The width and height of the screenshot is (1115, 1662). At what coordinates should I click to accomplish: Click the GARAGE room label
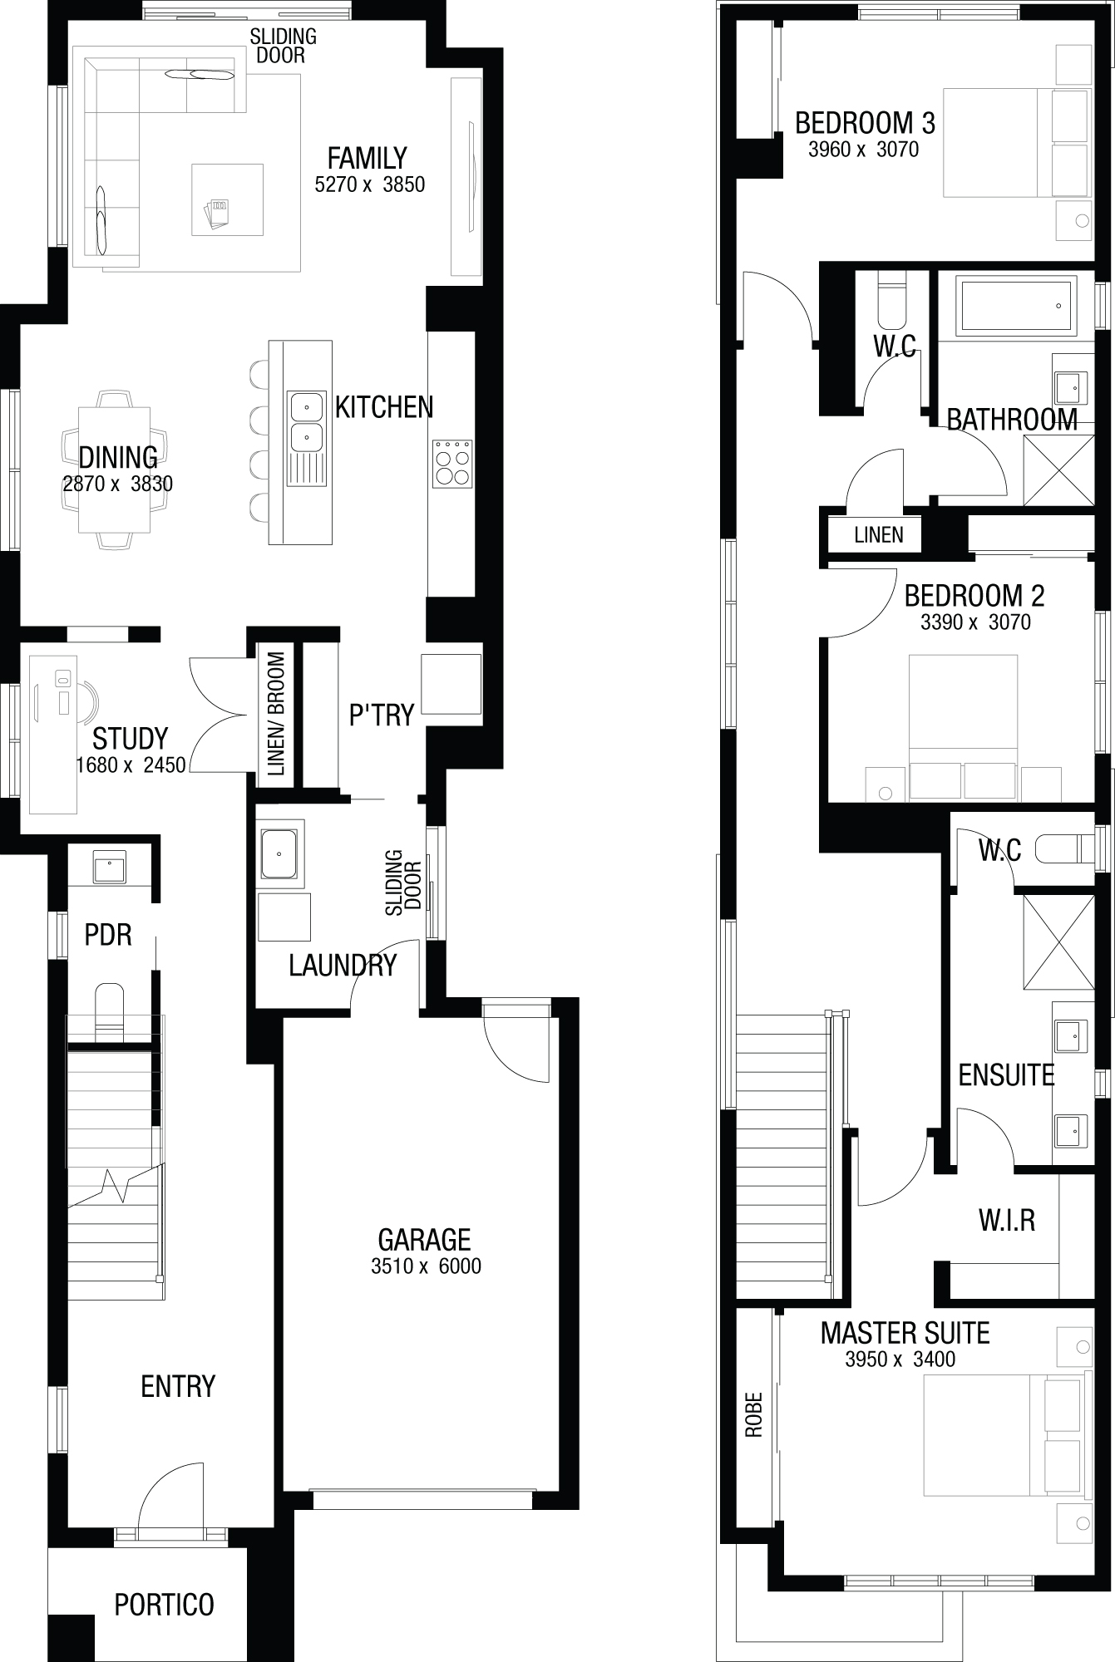tap(424, 1240)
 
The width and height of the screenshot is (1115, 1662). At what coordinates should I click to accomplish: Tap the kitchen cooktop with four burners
tap(452, 463)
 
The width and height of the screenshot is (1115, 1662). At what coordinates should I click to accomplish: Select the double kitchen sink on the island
tap(307, 422)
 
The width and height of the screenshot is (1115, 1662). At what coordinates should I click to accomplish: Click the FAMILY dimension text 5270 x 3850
tap(370, 184)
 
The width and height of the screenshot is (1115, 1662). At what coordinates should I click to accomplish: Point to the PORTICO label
tap(164, 1605)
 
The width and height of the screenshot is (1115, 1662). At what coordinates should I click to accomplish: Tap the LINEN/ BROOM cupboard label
tap(276, 714)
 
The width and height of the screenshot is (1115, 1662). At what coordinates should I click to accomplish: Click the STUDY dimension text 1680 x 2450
tap(131, 765)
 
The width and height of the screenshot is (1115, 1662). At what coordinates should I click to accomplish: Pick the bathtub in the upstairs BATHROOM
tap(1016, 306)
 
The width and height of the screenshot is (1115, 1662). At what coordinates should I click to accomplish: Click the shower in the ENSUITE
tap(1058, 942)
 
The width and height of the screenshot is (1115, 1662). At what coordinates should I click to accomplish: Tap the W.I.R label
tap(1007, 1221)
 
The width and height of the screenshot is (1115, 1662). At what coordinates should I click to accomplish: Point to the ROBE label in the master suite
tap(754, 1414)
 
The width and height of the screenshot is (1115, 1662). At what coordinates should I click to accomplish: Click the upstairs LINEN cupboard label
tap(878, 534)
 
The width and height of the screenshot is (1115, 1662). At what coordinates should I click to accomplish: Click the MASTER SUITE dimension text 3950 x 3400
tap(900, 1360)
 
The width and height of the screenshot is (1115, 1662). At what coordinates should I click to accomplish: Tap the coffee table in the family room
tap(220, 199)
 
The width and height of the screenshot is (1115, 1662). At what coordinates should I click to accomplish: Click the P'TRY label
tap(381, 715)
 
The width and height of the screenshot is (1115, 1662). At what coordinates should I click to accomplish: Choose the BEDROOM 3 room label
tap(865, 123)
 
